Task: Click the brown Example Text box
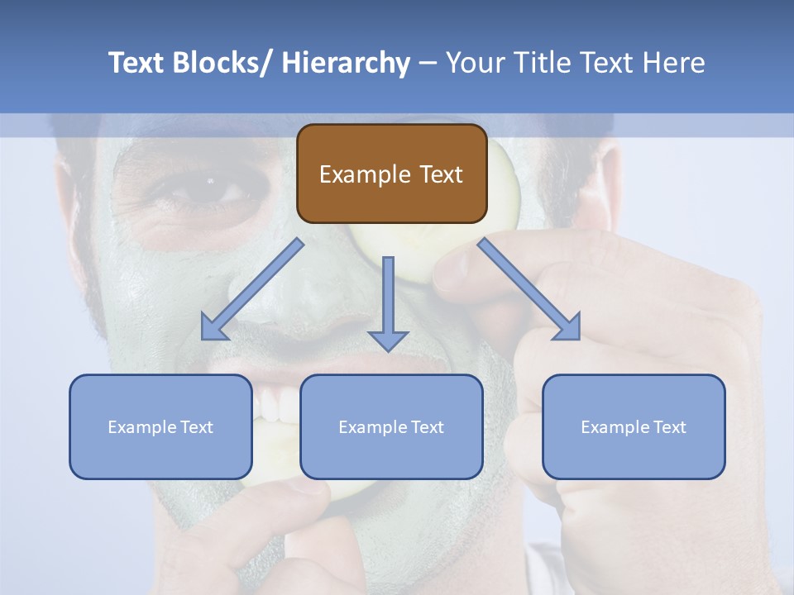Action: point(391,174)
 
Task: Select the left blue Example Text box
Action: point(160,426)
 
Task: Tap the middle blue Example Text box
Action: point(391,426)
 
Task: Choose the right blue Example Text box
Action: point(634,426)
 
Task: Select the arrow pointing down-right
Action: point(529,289)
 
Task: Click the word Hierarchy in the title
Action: point(345,63)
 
